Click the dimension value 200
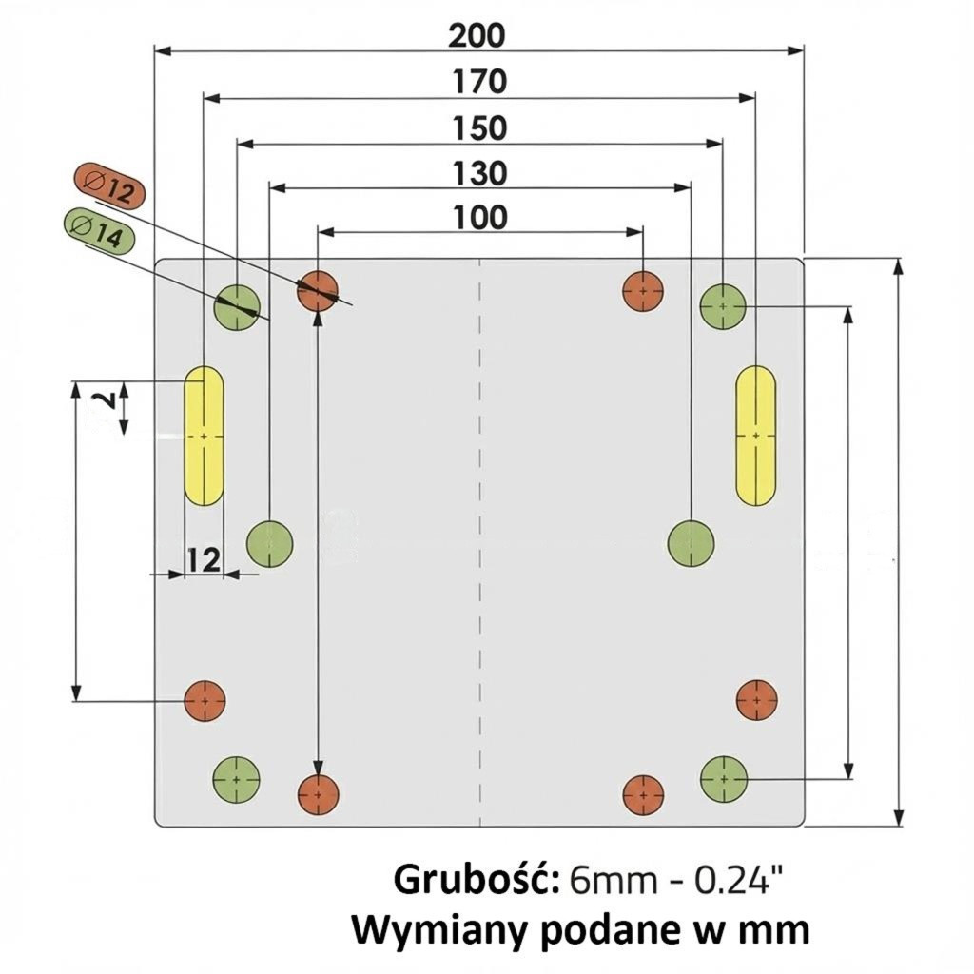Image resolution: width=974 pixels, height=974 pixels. click(x=477, y=35)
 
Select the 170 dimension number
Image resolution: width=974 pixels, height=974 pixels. click(x=478, y=82)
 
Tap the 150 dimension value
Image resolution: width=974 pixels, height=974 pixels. click(x=479, y=127)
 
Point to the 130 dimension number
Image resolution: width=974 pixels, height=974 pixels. click(x=479, y=173)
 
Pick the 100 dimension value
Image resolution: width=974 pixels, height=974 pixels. click(x=479, y=218)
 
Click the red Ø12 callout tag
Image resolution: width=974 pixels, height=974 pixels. click(x=109, y=186)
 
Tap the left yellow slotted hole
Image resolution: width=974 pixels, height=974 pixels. click(x=204, y=435)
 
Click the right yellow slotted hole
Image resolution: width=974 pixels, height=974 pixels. click(x=755, y=435)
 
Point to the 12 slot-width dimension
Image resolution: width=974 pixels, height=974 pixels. click(x=203, y=560)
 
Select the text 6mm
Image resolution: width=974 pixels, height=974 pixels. click(x=613, y=881)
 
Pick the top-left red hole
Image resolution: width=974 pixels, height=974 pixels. click(x=318, y=291)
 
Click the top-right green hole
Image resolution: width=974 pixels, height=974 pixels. click(x=723, y=307)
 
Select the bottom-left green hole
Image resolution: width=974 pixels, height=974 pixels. click(x=237, y=778)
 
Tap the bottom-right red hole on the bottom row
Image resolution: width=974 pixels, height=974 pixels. click(x=643, y=793)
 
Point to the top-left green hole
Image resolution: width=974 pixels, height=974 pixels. click(x=237, y=307)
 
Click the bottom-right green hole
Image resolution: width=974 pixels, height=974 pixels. click(x=724, y=778)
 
